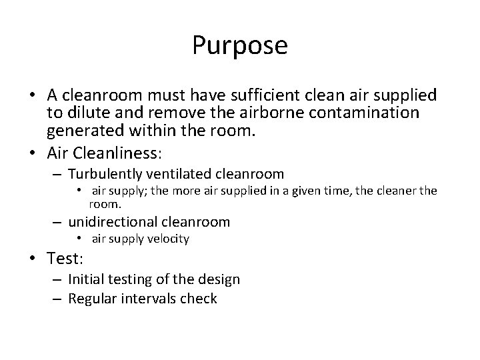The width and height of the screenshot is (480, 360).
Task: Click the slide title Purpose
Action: pyautogui.click(x=240, y=45)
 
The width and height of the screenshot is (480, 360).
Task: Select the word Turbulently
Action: pyautogui.click(x=107, y=175)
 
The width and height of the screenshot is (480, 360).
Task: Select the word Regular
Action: pyautogui.click(x=93, y=299)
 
